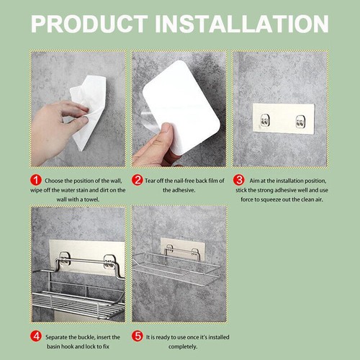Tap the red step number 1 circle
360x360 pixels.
tap(35, 180)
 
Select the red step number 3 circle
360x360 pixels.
tap(238, 180)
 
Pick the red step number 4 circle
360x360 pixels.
tap(35, 336)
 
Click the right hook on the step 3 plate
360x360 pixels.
tap(300, 120)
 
